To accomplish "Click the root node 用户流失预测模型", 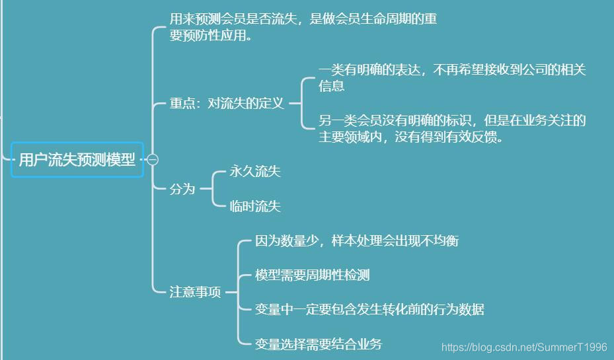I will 77,160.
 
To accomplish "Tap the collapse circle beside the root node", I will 153,160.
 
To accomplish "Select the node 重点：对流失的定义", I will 227,104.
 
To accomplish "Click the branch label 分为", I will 182,189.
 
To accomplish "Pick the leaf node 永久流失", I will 255,172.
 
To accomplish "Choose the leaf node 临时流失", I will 255,207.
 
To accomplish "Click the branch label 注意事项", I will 196,292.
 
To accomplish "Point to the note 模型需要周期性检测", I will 313,275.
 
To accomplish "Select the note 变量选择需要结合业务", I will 319,344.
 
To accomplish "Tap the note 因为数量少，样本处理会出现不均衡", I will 357,241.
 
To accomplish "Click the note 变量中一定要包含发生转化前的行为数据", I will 369,310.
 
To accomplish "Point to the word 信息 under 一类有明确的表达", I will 331,87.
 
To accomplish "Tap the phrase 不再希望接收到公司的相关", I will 510,69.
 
